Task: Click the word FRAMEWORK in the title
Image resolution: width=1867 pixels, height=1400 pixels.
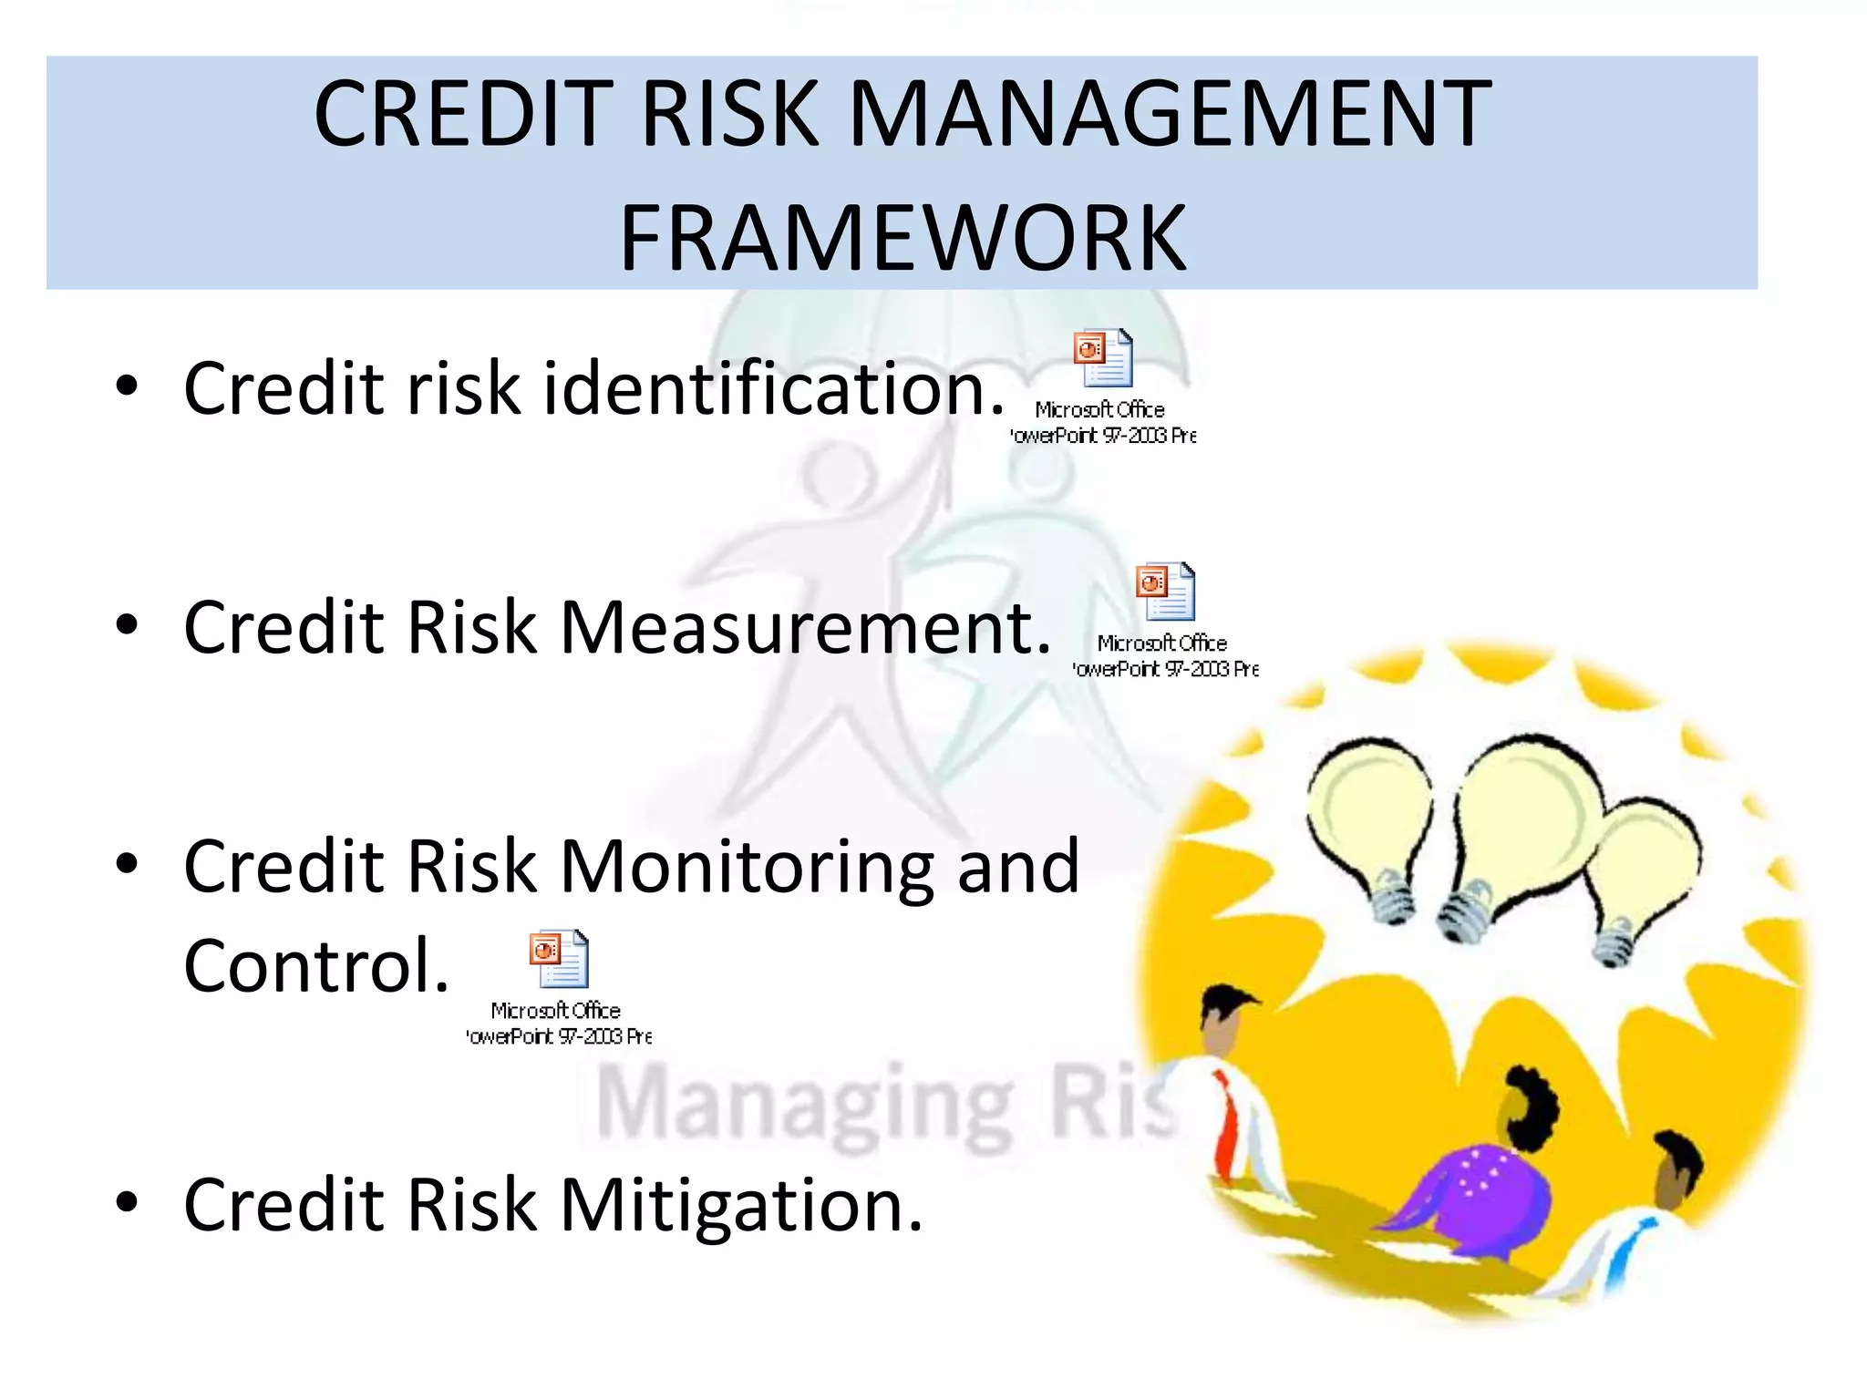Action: [903, 239]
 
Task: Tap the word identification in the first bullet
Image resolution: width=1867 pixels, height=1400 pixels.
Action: [774, 388]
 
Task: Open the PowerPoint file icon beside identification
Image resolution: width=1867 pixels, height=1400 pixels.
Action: [1104, 359]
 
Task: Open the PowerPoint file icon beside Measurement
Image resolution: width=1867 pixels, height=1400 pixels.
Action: [1166, 592]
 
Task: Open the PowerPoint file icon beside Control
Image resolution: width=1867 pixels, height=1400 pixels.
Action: [560, 960]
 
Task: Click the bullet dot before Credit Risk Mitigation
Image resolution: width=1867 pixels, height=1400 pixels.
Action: [127, 1203]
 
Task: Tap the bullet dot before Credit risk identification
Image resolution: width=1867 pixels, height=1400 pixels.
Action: [127, 386]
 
